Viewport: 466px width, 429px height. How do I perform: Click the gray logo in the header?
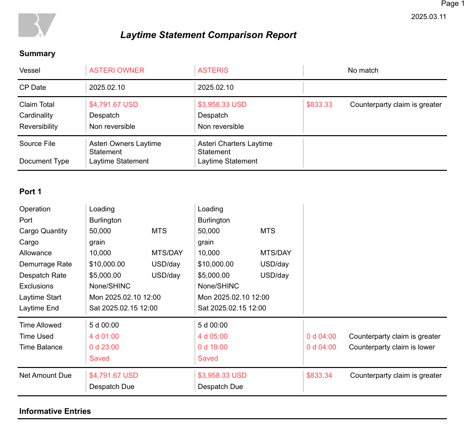click(x=37, y=25)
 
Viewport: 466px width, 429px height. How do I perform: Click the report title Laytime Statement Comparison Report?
click(x=208, y=35)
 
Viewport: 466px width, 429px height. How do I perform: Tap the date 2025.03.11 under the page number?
click(x=428, y=17)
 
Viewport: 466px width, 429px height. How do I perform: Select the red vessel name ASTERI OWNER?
click(x=117, y=70)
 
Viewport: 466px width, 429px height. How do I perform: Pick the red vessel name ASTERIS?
click(x=213, y=70)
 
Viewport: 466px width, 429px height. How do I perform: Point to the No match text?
click(x=363, y=70)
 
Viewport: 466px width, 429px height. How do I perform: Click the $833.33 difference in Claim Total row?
click(x=319, y=104)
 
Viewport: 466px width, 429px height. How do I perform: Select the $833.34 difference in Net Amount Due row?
click(x=319, y=375)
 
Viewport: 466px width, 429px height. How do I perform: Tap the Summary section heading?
click(x=37, y=54)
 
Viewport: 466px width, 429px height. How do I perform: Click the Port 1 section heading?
click(x=30, y=191)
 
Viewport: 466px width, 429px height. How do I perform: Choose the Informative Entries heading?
click(x=55, y=411)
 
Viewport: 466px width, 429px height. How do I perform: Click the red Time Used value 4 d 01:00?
click(x=104, y=336)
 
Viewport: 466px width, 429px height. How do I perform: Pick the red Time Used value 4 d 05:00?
click(x=212, y=336)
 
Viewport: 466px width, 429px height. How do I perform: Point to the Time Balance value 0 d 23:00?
click(x=104, y=347)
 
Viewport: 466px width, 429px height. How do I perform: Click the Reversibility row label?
click(x=39, y=126)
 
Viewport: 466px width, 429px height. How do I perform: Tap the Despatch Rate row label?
click(x=43, y=275)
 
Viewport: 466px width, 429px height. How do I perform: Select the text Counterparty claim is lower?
click(x=392, y=347)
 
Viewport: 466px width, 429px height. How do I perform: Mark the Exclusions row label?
click(x=36, y=286)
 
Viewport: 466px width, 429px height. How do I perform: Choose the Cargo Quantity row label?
click(x=43, y=231)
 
